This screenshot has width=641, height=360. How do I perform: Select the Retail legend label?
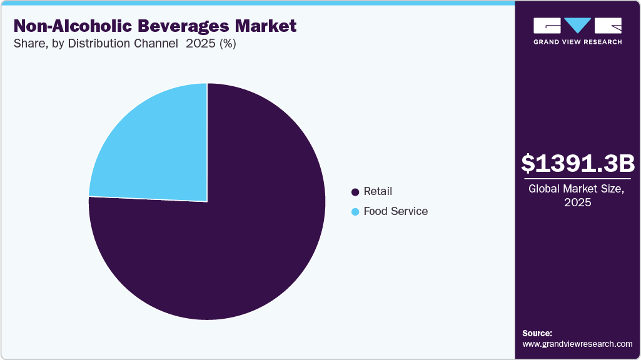coord(378,191)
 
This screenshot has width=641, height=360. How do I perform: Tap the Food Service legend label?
coord(395,211)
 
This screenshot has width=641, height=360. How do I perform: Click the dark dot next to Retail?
coord(356,192)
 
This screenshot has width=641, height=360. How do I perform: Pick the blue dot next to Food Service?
coord(356,212)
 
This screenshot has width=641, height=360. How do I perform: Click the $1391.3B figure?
coord(578,164)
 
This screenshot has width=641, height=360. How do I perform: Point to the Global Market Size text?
coord(578,188)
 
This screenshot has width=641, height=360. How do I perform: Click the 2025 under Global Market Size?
coord(578,202)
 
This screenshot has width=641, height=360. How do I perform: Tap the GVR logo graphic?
coord(577,26)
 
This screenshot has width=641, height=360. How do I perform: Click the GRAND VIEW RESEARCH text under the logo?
coord(577,42)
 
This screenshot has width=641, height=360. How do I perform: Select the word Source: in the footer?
coord(537,333)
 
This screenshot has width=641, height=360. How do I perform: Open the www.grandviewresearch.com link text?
coord(577,344)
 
